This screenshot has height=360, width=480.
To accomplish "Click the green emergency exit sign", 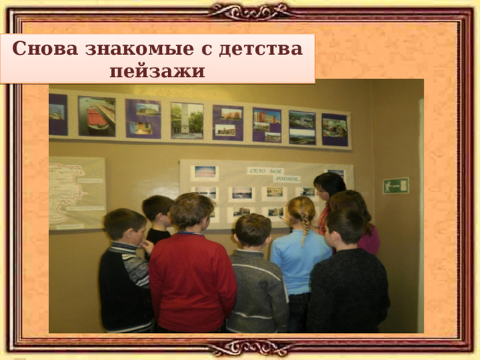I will [x=396, y=185].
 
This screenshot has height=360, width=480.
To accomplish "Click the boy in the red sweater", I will [x=192, y=270].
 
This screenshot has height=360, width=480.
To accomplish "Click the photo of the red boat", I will [x=97, y=116].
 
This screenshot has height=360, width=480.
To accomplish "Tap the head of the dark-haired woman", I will [x=329, y=185].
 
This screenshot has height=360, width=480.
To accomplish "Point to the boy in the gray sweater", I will [x=255, y=281].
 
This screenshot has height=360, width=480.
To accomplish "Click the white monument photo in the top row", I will [x=187, y=120].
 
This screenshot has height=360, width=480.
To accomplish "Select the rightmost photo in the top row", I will [x=334, y=129].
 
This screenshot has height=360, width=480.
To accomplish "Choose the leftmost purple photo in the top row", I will [x=58, y=114].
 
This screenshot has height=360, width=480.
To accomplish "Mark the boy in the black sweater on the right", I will [x=348, y=285].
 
